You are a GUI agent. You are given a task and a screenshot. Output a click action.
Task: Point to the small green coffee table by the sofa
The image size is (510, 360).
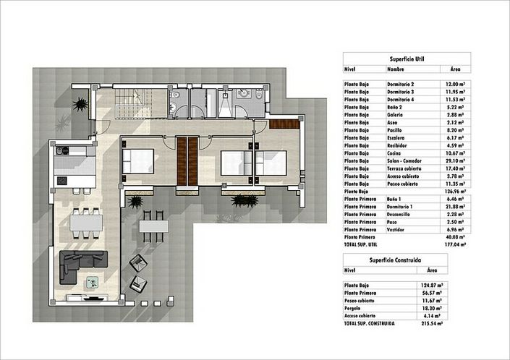(92, 284)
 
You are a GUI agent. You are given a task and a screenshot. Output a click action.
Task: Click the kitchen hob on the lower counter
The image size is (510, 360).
(63, 179)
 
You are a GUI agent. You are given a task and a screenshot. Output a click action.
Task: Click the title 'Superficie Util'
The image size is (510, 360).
(405, 59)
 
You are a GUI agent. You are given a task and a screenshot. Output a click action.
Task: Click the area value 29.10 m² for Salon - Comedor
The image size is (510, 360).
(456, 160)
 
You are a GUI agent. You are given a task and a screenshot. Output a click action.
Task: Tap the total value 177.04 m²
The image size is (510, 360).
(455, 244)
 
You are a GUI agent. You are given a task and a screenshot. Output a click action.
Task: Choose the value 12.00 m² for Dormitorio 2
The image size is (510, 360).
(456, 85)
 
